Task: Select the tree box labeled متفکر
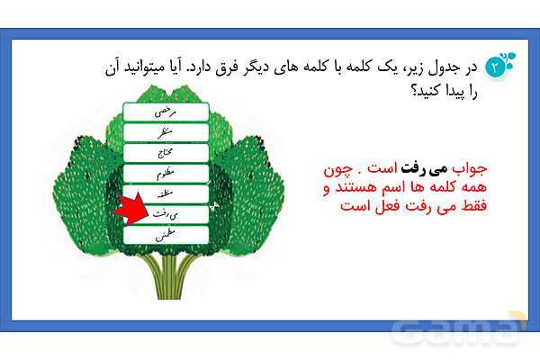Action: coord(166,133)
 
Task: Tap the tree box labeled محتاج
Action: coord(166,154)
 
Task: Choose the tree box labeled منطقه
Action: coord(166,194)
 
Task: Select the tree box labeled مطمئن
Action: coord(166,236)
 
